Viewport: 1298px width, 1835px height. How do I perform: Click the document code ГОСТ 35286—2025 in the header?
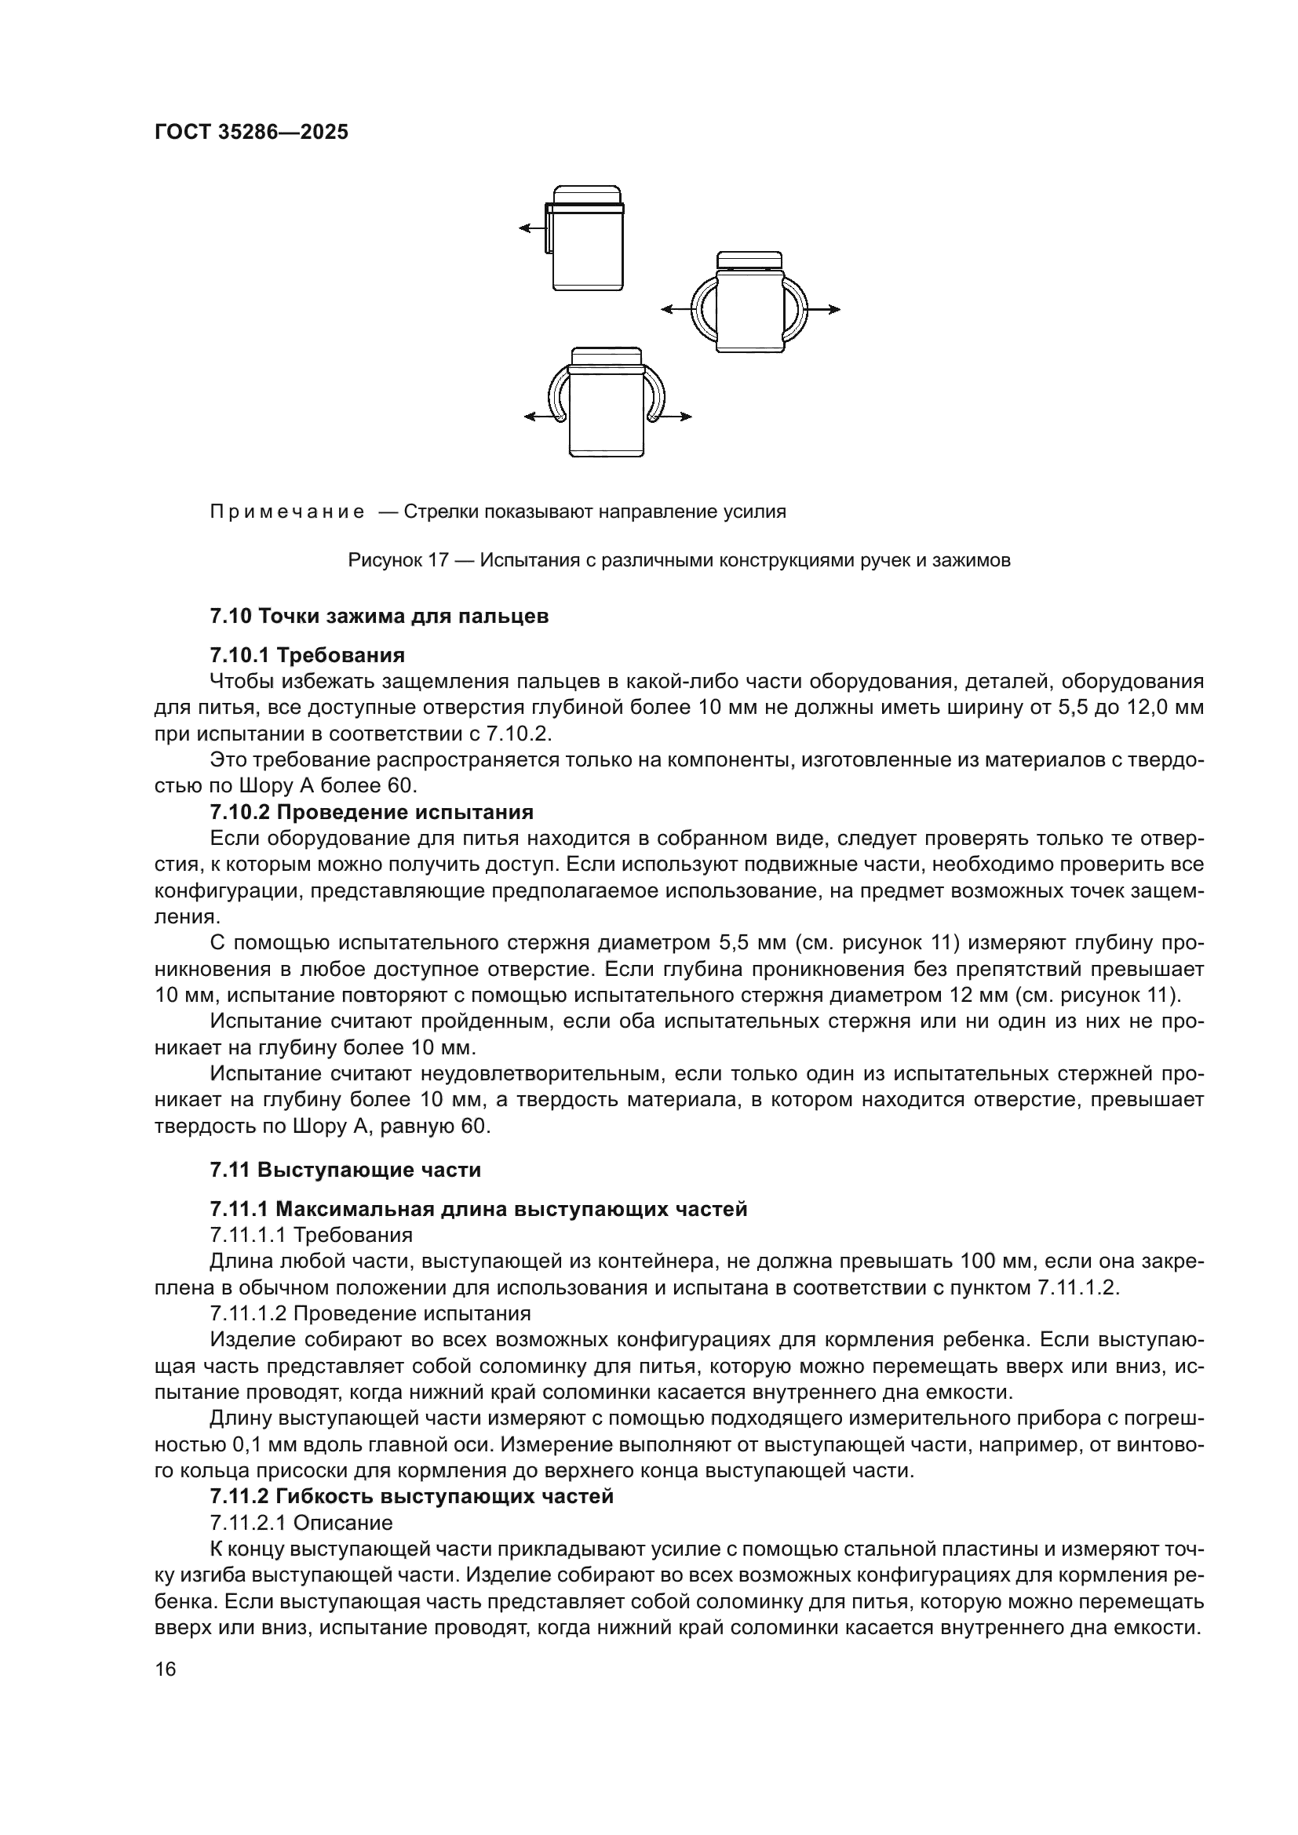tap(251, 132)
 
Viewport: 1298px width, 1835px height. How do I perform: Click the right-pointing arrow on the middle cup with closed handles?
tap(824, 309)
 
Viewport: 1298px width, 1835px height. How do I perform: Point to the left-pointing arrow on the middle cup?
tap(676, 309)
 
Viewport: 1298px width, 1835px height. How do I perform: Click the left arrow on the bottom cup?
tap(539, 417)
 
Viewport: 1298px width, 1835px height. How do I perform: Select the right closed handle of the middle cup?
tap(795, 308)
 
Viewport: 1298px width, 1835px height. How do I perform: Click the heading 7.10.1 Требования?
tap(307, 655)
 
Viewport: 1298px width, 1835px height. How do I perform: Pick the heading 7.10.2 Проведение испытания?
tap(372, 813)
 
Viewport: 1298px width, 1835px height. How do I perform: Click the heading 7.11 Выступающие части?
tap(345, 1170)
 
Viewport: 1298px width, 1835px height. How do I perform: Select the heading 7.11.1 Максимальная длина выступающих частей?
tap(478, 1209)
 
